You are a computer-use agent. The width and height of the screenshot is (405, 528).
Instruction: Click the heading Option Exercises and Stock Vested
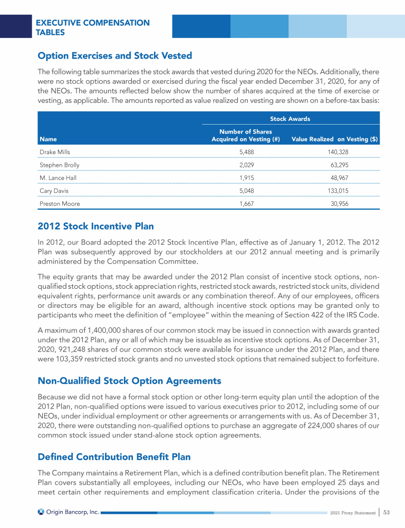(x=114, y=55)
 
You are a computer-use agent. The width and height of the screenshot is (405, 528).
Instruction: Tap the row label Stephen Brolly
(x=59, y=165)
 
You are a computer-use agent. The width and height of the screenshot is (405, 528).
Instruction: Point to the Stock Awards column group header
(x=290, y=119)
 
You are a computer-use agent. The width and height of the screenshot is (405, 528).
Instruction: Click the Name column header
(x=47, y=139)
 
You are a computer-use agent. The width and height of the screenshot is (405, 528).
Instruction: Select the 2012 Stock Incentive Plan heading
(x=95, y=227)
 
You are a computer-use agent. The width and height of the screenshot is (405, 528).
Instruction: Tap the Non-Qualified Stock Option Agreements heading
(x=129, y=381)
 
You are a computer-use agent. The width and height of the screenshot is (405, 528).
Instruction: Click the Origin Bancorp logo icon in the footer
(x=41, y=512)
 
